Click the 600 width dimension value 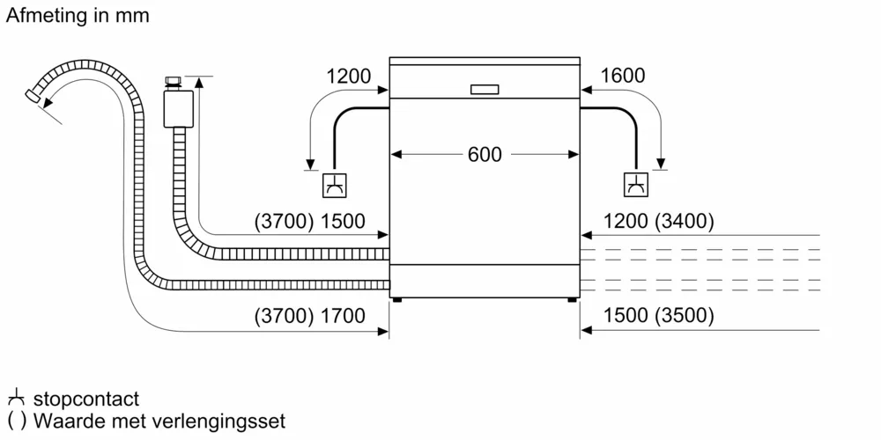coord(484,155)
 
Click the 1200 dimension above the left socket coord(349,77)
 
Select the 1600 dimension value coord(622,77)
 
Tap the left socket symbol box coord(335,185)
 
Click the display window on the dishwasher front coord(485,89)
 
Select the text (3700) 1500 coord(309,222)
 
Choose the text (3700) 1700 coord(309,316)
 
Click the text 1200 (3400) coord(659,222)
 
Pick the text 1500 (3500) coord(659,316)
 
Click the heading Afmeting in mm coord(78,16)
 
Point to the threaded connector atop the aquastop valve coord(173,81)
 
